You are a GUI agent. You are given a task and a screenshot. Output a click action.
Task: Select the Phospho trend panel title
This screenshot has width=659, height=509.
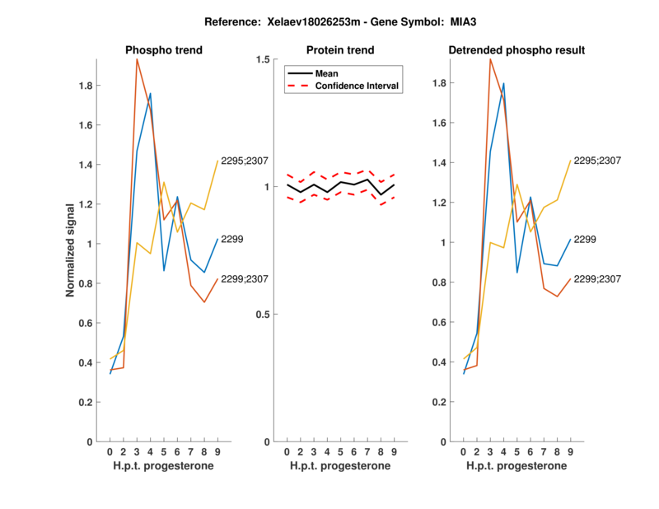click(x=164, y=50)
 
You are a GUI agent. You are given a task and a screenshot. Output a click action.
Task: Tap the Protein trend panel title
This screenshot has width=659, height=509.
click(x=340, y=50)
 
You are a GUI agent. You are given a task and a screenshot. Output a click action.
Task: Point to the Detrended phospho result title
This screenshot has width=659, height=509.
click(x=516, y=50)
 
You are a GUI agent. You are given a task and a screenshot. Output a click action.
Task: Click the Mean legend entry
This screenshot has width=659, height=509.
click(x=327, y=73)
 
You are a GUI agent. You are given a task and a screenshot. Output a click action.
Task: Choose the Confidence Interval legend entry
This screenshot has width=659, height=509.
click(x=358, y=86)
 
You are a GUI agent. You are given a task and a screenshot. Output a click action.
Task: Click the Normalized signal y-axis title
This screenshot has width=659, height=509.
click(x=72, y=250)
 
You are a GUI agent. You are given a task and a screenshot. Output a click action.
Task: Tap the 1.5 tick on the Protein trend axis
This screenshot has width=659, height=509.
click(x=263, y=60)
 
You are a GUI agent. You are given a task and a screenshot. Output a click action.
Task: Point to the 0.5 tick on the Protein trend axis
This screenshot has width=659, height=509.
click(x=263, y=315)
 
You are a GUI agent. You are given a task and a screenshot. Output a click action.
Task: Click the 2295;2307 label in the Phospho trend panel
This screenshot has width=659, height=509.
click(x=245, y=161)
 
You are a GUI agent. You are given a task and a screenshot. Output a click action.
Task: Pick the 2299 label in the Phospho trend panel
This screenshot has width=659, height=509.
click(x=232, y=239)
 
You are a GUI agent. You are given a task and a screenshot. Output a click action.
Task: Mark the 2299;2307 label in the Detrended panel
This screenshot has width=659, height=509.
click(x=597, y=279)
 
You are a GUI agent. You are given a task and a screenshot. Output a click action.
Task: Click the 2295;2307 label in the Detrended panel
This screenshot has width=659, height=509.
click(x=597, y=161)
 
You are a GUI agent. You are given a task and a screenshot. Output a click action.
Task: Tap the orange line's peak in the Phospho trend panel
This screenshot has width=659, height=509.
click(x=137, y=59)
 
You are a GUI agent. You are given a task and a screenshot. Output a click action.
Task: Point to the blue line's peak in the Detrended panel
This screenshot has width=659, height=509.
click(x=503, y=83)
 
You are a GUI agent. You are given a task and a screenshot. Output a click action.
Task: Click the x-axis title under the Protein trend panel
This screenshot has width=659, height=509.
click(x=340, y=466)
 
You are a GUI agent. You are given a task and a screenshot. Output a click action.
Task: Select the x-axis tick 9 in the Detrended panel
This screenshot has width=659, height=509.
click(x=570, y=452)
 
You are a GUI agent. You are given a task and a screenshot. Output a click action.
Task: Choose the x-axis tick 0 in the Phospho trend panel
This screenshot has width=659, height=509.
click(x=110, y=452)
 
